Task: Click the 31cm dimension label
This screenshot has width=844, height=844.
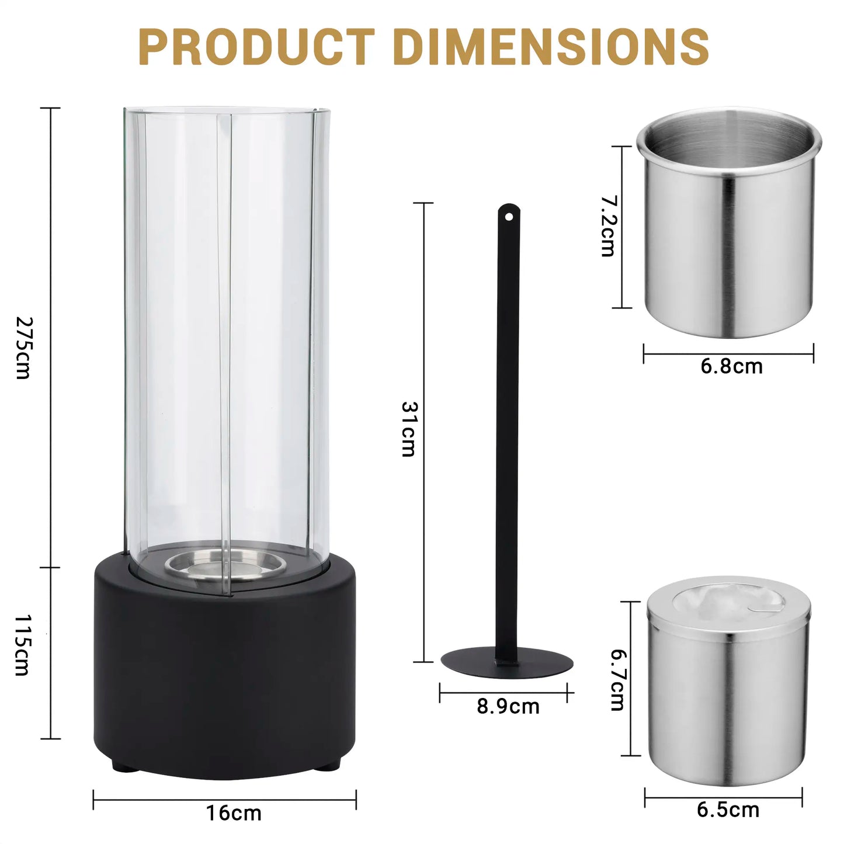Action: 409,429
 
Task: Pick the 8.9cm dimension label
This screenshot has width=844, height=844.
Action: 508,707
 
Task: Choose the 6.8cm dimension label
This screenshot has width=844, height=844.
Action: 731,367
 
